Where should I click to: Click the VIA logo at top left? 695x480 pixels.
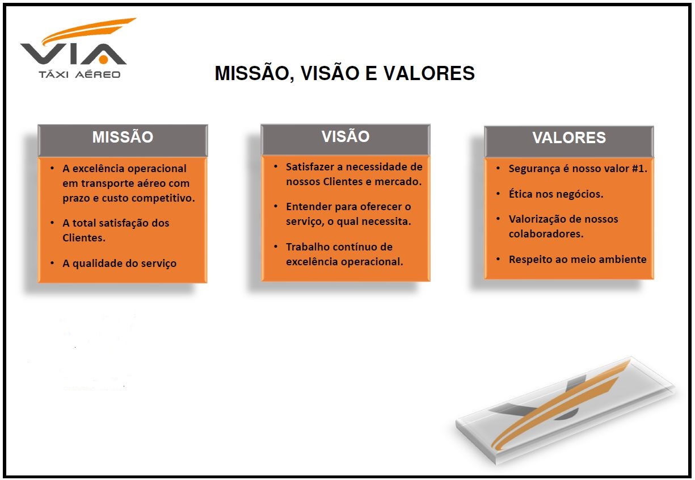[x=74, y=45]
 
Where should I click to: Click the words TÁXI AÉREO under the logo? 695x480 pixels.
[x=79, y=74]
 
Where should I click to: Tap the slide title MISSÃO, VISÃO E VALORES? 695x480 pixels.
[x=344, y=73]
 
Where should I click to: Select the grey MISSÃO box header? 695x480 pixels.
[x=123, y=138]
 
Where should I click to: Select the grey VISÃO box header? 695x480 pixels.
[x=345, y=137]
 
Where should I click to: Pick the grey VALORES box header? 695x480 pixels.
[x=568, y=138]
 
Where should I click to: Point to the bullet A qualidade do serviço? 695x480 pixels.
[x=119, y=264]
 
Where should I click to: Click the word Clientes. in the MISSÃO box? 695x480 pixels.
[x=84, y=238]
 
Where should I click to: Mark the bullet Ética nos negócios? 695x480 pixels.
[x=555, y=194]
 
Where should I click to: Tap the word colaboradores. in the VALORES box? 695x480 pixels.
[x=546, y=234]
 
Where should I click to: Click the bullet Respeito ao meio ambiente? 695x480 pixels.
[x=578, y=260]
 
